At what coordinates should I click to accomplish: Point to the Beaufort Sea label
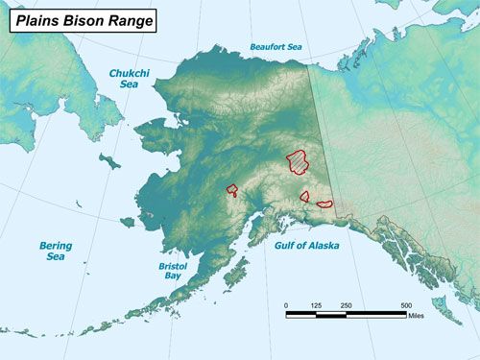[x=276, y=46]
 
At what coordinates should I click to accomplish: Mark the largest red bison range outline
[x=300, y=160]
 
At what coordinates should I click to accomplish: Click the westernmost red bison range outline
[x=231, y=189]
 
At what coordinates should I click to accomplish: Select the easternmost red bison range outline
[x=324, y=204]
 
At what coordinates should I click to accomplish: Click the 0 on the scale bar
[x=286, y=305]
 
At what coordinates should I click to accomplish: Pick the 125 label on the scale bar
[x=317, y=305]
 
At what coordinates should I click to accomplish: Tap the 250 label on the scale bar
[x=347, y=305]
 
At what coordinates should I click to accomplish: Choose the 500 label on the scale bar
[x=406, y=305]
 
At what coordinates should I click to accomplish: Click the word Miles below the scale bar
[x=416, y=315]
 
